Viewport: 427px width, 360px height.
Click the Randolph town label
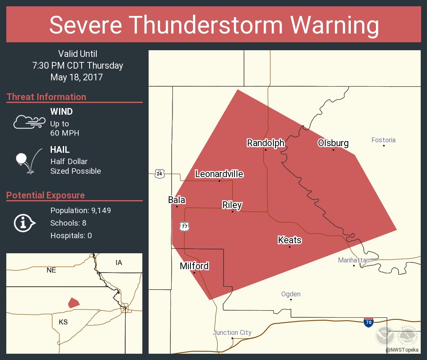265,143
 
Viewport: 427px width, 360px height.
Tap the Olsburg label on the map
333,143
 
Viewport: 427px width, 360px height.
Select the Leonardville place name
219,174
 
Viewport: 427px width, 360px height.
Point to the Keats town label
290,240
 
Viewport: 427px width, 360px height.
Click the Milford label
194,266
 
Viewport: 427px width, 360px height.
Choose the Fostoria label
383,140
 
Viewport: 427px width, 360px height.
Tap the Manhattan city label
354,260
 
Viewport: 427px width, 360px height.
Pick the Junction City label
232,333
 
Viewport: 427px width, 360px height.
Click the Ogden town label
291,294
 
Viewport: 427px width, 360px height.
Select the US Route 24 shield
159,173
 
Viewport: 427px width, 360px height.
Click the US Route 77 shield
185,226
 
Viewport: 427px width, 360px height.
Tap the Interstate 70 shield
368,322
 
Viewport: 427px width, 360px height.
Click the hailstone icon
22,159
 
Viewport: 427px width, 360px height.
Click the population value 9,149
98,211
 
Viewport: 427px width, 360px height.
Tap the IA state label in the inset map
119,262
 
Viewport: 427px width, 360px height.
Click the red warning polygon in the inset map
74,302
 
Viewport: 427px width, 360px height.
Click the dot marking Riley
233,211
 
